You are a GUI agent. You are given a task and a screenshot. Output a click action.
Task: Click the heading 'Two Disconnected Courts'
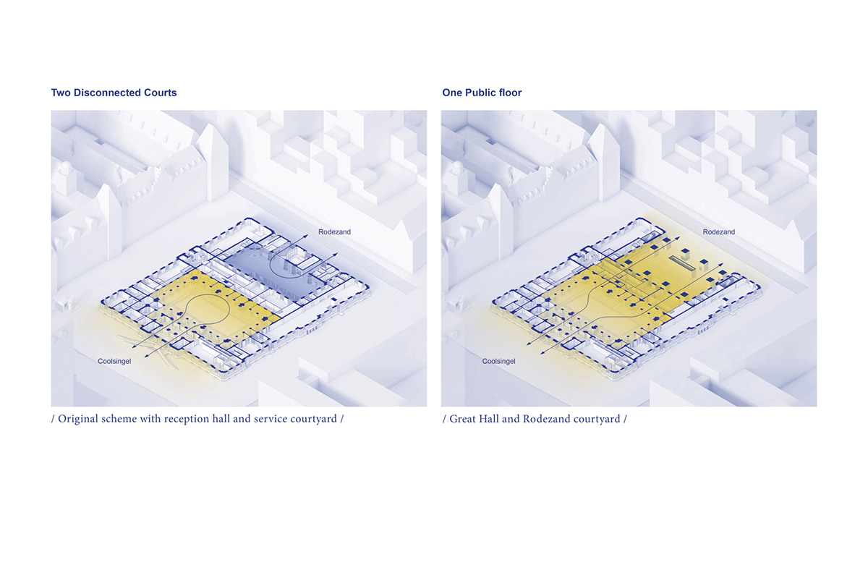click(114, 93)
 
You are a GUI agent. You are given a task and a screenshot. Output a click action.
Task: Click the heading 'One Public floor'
click(482, 93)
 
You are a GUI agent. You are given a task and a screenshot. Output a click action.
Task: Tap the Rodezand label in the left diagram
click(334, 231)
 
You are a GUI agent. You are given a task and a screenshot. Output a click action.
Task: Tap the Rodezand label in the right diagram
click(719, 231)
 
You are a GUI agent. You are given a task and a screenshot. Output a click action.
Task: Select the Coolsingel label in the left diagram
click(114, 361)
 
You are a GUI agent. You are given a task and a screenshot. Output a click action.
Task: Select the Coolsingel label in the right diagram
click(498, 361)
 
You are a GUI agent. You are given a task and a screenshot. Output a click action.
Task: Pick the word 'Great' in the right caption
click(462, 419)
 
